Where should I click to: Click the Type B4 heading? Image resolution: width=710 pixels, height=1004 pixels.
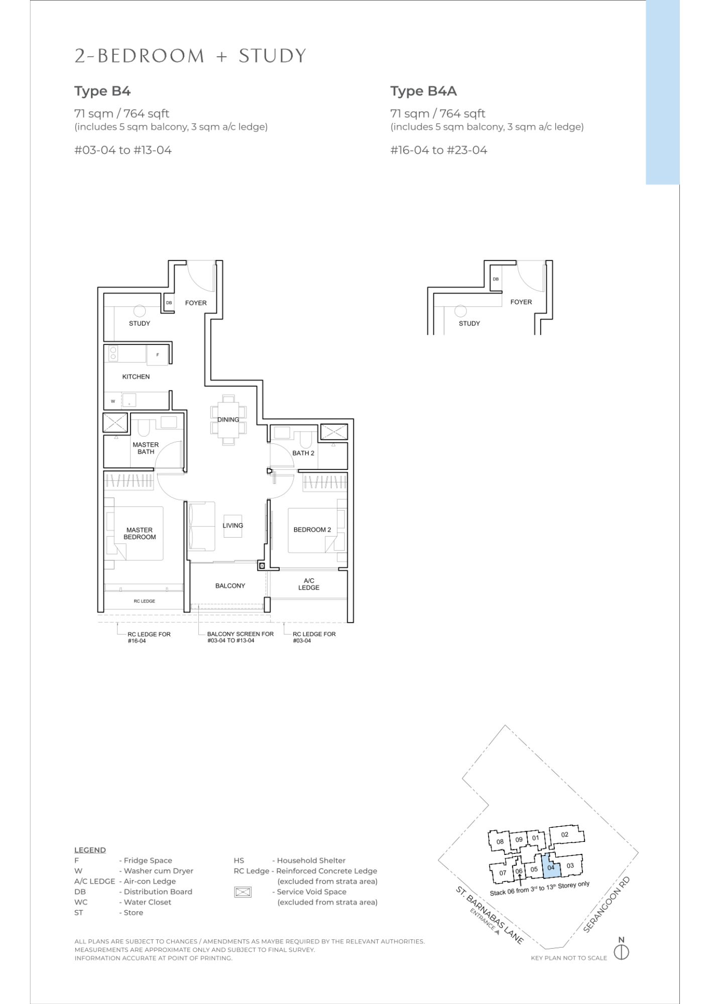(x=102, y=91)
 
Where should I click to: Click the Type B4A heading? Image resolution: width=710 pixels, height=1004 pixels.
(x=423, y=91)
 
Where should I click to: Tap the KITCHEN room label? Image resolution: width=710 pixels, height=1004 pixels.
(x=136, y=376)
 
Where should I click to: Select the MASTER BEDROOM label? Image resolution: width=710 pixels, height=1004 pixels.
(x=140, y=533)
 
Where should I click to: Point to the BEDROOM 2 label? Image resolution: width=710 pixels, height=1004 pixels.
(x=312, y=530)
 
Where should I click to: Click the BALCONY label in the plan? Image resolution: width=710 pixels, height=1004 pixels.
(x=230, y=586)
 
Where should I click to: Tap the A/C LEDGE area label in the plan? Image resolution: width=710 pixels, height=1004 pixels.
(x=309, y=584)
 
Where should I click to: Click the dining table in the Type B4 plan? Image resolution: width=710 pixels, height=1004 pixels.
(x=228, y=420)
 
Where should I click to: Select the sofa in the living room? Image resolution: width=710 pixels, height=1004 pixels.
(x=201, y=525)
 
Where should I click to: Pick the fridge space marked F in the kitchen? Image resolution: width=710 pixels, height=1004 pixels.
(x=157, y=355)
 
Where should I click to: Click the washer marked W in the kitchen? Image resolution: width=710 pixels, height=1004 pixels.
(x=113, y=401)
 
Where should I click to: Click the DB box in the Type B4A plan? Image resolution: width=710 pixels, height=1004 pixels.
(x=496, y=279)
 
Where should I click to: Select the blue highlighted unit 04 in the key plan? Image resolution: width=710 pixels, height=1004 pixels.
(x=551, y=867)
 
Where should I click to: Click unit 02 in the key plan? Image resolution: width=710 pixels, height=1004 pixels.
(x=565, y=835)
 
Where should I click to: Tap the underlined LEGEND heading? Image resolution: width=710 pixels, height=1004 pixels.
(x=90, y=850)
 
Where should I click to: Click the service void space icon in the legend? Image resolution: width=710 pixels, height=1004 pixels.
(x=243, y=892)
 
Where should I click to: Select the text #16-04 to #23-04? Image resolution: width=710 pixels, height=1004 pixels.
(x=438, y=150)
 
